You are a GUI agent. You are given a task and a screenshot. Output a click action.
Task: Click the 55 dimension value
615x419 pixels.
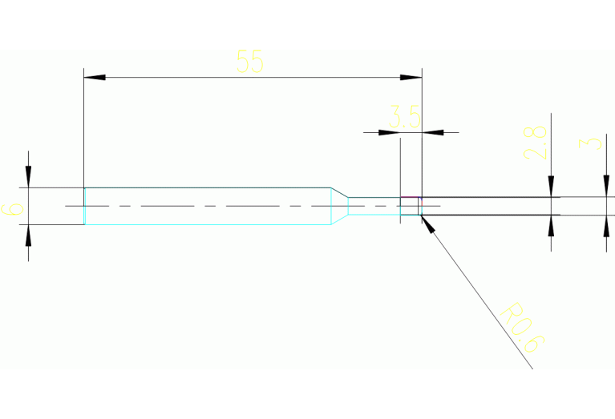point(250,62)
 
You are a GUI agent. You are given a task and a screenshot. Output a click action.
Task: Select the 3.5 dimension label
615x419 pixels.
point(405,118)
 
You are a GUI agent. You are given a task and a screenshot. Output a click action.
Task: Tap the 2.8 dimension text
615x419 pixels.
point(538,142)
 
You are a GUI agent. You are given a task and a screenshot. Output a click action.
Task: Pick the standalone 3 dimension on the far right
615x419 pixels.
point(592,144)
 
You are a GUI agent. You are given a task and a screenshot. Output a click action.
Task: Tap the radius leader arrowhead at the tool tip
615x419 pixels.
point(427,224)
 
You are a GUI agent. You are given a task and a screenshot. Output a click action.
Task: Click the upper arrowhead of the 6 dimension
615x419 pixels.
point(28,177)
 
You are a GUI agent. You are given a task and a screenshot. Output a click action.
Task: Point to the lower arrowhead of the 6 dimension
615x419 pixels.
point(28,235)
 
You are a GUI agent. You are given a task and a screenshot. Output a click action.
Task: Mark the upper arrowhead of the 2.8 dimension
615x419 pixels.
point(551,187)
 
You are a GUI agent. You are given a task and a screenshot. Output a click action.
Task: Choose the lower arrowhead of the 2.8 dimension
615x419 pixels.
point(551,225)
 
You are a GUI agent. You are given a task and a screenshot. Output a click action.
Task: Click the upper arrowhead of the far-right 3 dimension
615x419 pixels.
point(605,187)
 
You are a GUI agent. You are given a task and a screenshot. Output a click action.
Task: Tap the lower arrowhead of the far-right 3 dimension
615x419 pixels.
point(605,225)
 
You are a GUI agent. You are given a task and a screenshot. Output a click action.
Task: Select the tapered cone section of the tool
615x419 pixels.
point(340,206)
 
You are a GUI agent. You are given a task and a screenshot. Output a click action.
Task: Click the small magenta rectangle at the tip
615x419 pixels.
point(410,206)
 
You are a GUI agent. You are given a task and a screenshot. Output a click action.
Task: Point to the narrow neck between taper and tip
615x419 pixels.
point(374,206)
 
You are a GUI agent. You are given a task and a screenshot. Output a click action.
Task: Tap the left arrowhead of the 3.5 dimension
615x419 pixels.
point(390,131)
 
